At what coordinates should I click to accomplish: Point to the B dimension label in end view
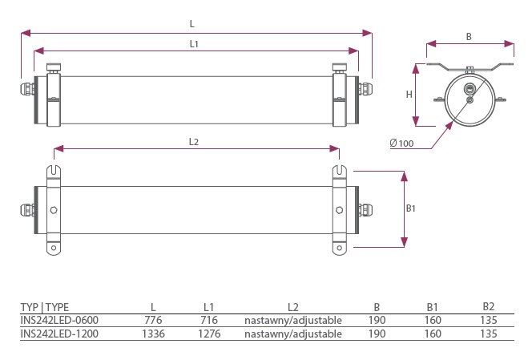click(469, 37)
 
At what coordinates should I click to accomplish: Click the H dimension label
click(409, 95)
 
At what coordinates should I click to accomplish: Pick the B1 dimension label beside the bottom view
click(410, 208)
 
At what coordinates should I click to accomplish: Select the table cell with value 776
click(153, 320)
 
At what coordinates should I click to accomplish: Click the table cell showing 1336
click(153, 333)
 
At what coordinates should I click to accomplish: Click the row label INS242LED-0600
click(59, 320)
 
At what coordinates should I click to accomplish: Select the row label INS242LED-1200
click(59, 333)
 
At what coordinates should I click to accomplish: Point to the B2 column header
click(489, 306)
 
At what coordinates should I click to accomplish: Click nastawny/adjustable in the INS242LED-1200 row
click(293, 333)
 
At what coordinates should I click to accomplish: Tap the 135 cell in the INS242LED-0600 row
click(489, 320)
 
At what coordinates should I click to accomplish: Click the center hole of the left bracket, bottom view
click(53, 210)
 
